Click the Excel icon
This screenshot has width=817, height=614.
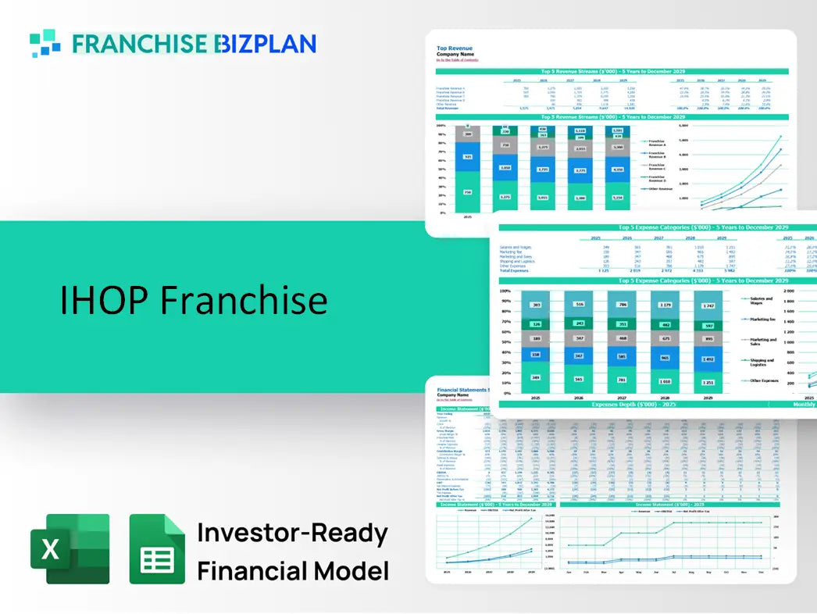click(70, 548)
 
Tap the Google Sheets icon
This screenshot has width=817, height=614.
click(157, 548)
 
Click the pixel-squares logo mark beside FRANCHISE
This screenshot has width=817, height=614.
click(45, 43)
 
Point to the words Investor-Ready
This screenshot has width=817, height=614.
click(292, 534)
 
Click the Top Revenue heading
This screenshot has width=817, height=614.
click(454, 48)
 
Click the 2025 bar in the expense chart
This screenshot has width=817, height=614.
click(537, 341)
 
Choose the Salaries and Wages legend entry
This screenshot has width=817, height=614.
click(761, 300)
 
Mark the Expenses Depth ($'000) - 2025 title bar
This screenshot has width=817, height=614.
click(633, 405)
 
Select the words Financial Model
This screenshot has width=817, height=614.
click(292, 570)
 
